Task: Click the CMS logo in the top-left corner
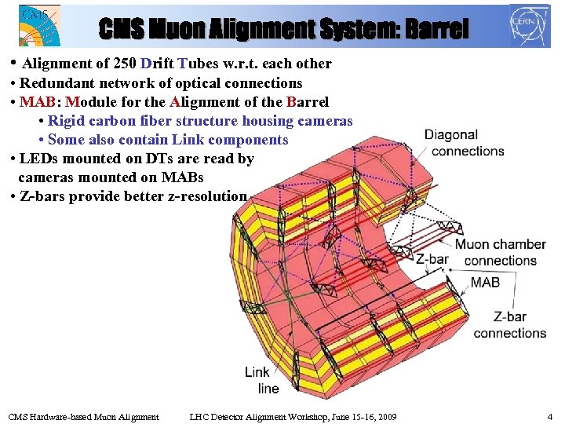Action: coord(38,25)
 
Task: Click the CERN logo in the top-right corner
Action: coord(530,24)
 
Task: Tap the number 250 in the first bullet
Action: coord(125,64)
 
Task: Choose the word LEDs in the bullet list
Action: coord(40,159)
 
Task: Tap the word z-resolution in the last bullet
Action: coord(205,196)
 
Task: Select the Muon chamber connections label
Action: coord(501,252)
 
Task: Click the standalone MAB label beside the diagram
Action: coord(485,282)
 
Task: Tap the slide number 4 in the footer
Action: coord(549,416)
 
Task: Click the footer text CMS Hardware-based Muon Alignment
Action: coord(83,416)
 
